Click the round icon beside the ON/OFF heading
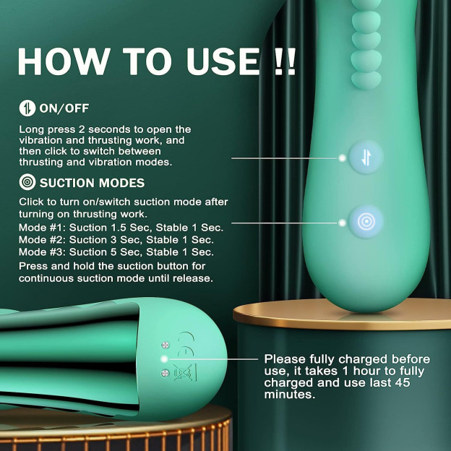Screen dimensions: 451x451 27,108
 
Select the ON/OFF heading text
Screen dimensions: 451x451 64,108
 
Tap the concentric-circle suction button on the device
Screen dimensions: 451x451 366,222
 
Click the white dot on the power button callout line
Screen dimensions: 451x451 342,158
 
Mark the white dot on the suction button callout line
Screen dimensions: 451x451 342,223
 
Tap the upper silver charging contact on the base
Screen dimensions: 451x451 166,344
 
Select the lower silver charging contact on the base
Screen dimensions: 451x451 166,373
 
